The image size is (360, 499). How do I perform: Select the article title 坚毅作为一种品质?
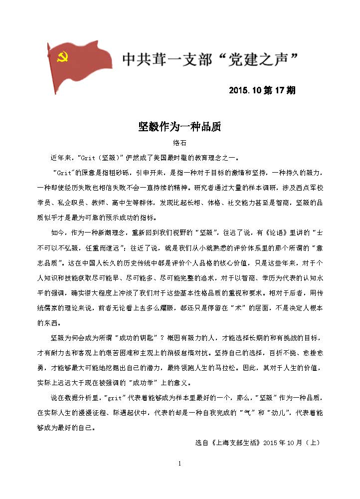180,127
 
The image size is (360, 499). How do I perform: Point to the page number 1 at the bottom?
180,464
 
